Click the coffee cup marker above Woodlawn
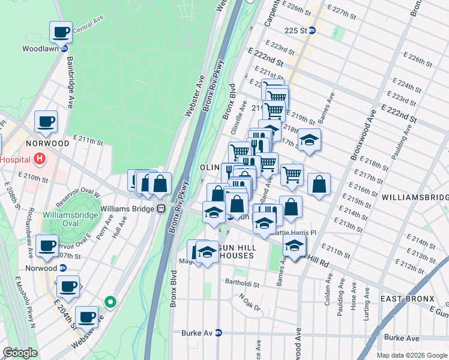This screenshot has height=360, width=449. pyautogui.click(x=61, y=32)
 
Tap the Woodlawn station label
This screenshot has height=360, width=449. pyautogui.click(x=40, y=49)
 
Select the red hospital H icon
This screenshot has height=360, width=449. pyautogui.click(x=40, y=159)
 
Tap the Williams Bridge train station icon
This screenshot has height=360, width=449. pyautogui.click(x=161, y=209)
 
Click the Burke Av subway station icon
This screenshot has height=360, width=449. pyautogui.click(x=218, y=332)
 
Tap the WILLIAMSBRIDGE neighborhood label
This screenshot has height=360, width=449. pyautogui.click(x=415, y=197)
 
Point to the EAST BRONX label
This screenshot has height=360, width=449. pyautogui.click(x=406, y=298)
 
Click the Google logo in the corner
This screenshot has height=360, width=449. pyautogui.click(x=20, y=353)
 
